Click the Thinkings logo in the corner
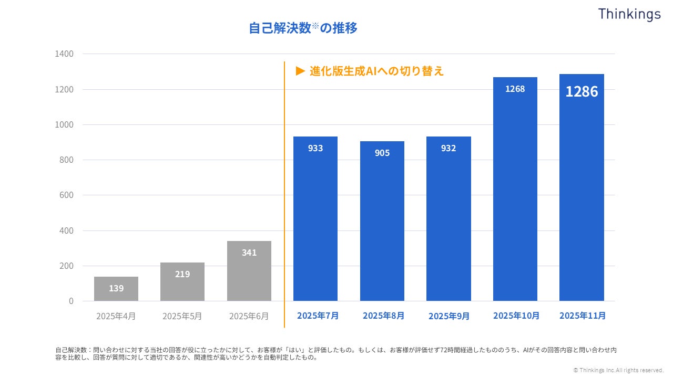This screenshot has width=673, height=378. click(x=629, y=14)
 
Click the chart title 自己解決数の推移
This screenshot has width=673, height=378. click(x=303, y=28)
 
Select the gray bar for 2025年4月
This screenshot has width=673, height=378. click(x=116, y=289)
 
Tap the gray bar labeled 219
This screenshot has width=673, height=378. click(x=182, y=282)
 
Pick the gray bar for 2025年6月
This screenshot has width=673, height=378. click(x=249, y=271)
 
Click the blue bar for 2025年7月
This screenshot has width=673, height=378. click(x=315, y=219)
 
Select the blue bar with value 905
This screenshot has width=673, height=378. click(x=382, y=221)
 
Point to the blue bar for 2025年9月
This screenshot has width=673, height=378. click(x=448, y=219)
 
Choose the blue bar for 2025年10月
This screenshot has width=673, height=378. click(x=515, y=189)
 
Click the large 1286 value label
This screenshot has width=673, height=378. click(x=582, y=91)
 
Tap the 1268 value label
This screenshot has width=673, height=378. click(x=515, y=89)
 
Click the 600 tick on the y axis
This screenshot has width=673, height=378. click(x=66, y=195)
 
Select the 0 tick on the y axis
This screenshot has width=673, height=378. click(x=72, y=301)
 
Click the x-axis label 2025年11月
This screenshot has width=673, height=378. click(x=582, y=316)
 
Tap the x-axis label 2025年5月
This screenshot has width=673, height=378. click(x=182, y=316)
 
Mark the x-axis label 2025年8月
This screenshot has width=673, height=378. click(x=383, y=316)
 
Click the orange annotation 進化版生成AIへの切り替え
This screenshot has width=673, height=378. click(x=376, y=71)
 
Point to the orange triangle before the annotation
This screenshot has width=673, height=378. click(x=301, y=71)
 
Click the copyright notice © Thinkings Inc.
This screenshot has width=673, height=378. click(x=618, y=370)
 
